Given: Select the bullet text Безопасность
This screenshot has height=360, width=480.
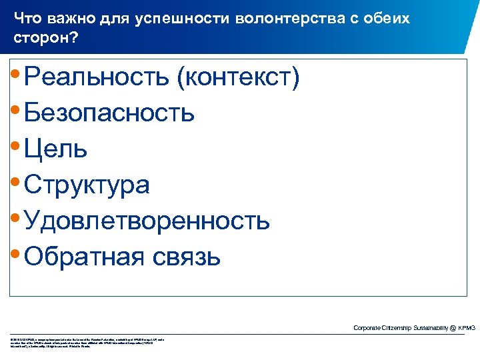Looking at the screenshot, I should [109, 113].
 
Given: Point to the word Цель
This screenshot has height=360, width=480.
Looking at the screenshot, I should [55, 149].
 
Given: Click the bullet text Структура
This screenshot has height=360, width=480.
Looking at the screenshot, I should [87, 185].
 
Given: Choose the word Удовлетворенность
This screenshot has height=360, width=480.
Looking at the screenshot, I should [147, 220].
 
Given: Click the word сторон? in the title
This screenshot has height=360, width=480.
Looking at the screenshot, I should [45, 39].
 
